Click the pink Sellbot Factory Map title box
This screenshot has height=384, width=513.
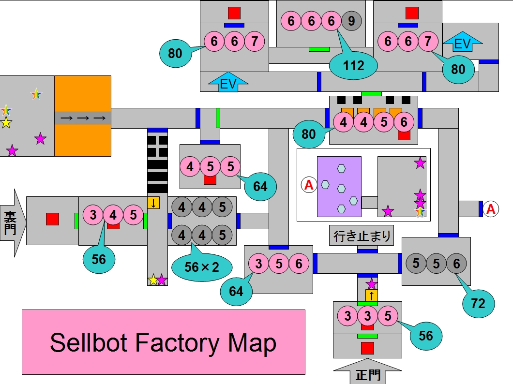click(163, 342)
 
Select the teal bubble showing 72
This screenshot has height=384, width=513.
click(478, 303)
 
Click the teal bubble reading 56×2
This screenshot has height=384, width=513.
click(202, 266)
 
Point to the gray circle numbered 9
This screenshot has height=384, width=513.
click(351, 21)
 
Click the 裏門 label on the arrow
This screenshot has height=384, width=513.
click(10, 222)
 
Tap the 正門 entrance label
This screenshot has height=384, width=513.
click(367, 375)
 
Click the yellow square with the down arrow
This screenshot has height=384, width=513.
click(153, 203)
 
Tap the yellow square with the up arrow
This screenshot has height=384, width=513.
click(371, 295)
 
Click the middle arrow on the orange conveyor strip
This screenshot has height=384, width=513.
click(83, 118)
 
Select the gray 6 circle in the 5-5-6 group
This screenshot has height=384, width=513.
click(456, 264)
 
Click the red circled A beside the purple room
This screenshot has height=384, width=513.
click(308, 184)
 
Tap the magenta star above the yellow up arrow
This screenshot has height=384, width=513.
click(371, 283)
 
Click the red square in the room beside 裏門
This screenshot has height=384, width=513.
click(52, 219)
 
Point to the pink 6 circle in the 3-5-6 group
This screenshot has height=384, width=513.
click(299, 264)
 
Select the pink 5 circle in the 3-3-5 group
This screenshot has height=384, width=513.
click(388, 316)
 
